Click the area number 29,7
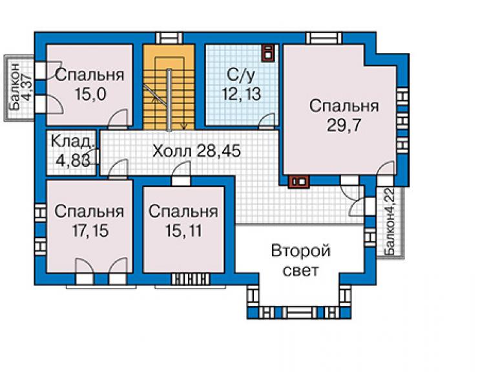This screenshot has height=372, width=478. pyautogui.click(x=344, y=126)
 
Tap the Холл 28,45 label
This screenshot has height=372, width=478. pyautogui.click(x=196, y=151)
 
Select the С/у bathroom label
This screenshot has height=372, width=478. pyautogui.click(x=241, y=75)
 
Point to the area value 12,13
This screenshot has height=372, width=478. pyautogui.click(x=242, y=94)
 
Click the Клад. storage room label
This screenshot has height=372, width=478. pyautogui.click(x=72, y=142)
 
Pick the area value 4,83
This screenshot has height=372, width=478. pyautogui.click(x=73, y=160)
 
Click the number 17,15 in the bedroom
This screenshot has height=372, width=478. pyautogui.click(x=90, y=230)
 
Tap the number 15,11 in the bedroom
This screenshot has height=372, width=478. pyautogui.click(x=183, y=230)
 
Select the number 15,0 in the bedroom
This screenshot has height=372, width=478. pyautogui.click(x=90, y=94)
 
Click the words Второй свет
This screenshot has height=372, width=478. pyautogui.click(x=300, y=261)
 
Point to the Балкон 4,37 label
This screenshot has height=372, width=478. pyautogui.click(x=19, y=87)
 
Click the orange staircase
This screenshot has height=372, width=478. pyautogui.click(x=169, y=87)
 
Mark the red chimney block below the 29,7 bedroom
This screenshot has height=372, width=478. pyautogui.click(x=298, y=181)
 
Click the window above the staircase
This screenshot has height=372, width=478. pyautogui.click(x=169, y=38)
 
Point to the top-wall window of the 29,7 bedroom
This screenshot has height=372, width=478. pyautogui.click(x=324, y=38)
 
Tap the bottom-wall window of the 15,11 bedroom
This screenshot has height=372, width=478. pyautogui.click(x=191, y=279)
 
